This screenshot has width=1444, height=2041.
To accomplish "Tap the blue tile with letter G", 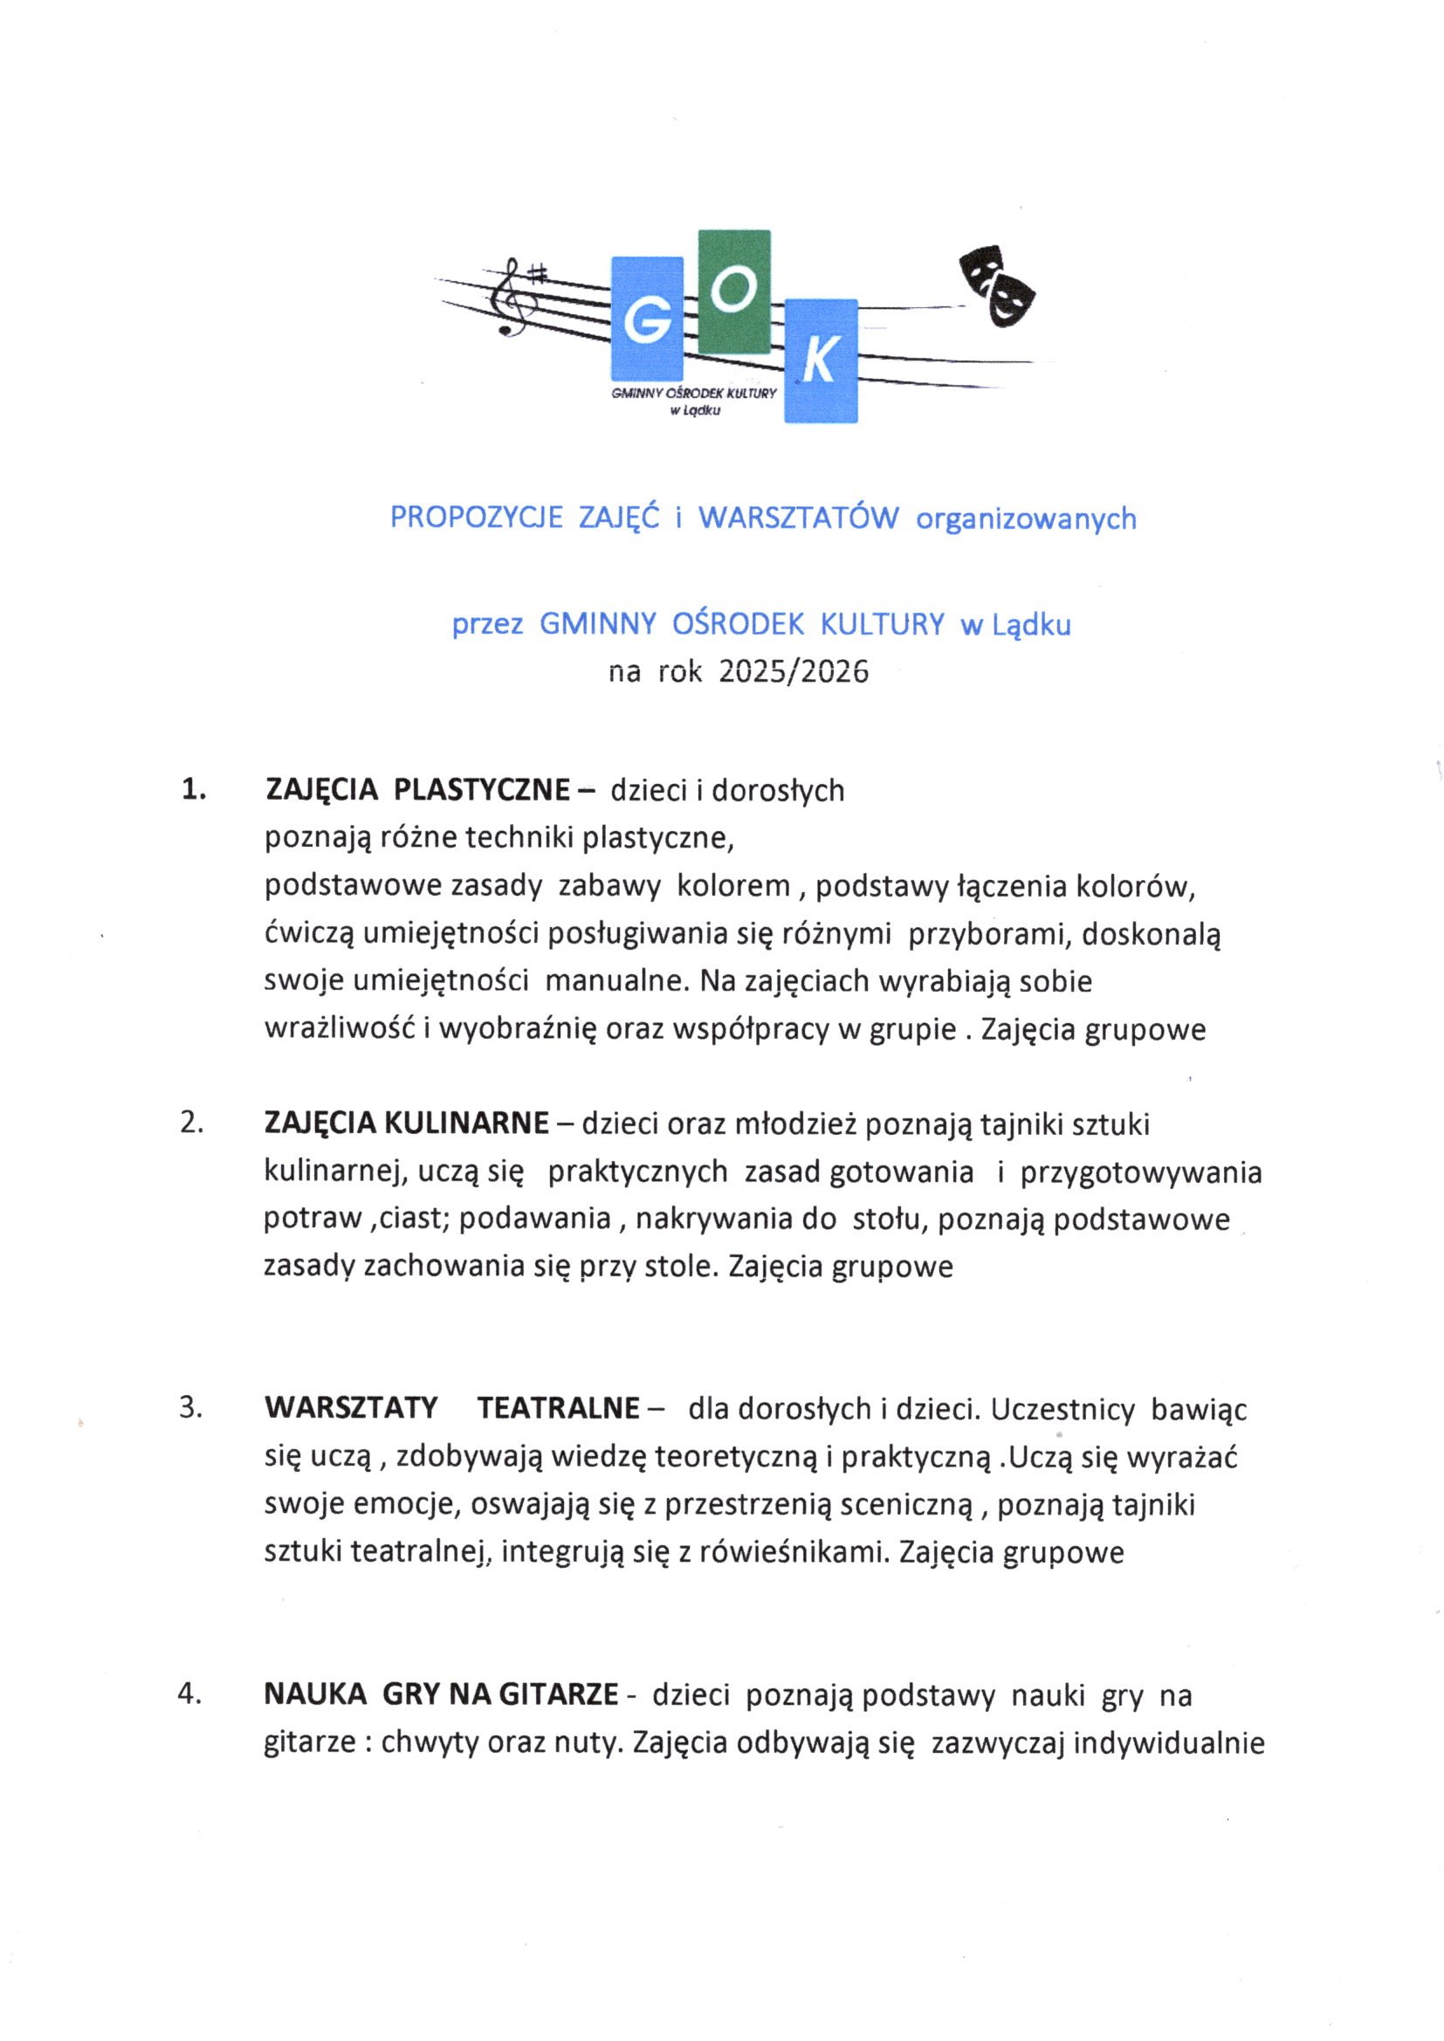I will click(647, 320).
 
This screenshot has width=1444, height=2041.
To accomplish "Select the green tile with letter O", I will click(734, 292).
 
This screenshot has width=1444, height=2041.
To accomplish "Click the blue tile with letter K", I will click(821, 360).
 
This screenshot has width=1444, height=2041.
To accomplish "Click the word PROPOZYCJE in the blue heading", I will click(476, 518).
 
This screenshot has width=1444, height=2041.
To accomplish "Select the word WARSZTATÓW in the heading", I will click(799, 518).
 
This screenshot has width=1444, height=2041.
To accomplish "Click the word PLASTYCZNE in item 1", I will click(482, 789).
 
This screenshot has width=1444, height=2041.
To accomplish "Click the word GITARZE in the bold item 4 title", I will click(559, 1695).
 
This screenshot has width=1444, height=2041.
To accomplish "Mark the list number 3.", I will click(190, 1408).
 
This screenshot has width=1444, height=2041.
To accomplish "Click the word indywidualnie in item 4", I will click(1168, 1743).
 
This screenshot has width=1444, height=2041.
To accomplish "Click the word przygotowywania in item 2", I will click(1141, 1172).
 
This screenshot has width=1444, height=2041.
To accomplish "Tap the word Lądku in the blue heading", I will click(1031, 626).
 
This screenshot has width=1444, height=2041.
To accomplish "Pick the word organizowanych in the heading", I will click(1026, 519).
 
